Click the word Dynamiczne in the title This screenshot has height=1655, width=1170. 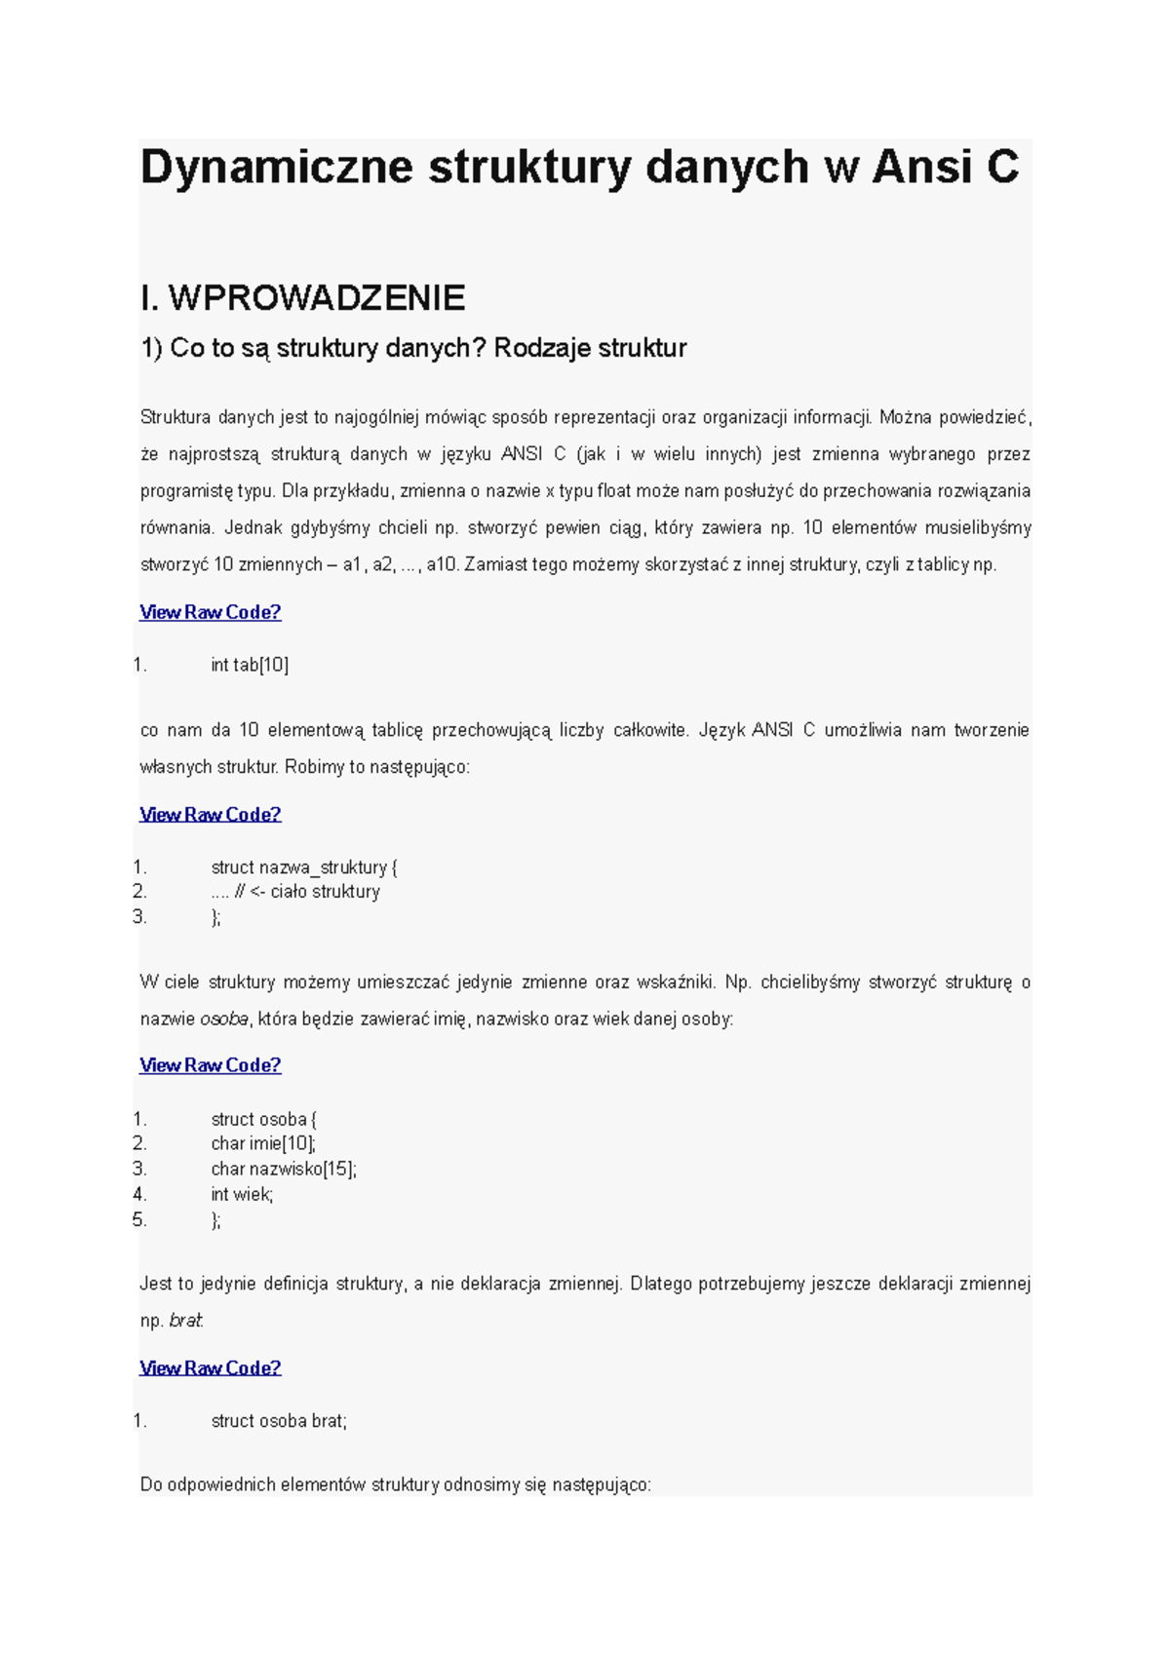(x=276, y=167)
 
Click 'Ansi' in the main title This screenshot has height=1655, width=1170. (x=921, y=167)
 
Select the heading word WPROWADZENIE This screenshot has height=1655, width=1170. (x=317, y=298)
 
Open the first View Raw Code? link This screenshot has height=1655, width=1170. (x=211, y=612)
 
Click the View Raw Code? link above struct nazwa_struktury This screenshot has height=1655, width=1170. (x=211, y=814)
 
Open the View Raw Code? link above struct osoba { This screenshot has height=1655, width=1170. (x=211, y=1065)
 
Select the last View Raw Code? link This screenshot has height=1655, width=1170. (x=211, y=1367)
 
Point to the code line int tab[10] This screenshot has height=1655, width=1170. (x=250, y=665)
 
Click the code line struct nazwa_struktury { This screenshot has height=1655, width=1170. (x=304, y=867)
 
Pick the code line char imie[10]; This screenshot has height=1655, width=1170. (x=263, y=1143)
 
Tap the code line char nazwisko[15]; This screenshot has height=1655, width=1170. (x=284, y=1169)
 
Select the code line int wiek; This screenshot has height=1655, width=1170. (x=242, y=1194)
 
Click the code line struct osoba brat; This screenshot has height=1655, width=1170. (x=279, y=1421)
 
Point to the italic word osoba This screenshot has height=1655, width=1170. (x=224, y=1020)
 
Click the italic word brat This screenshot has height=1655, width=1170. (x=185, y=1321)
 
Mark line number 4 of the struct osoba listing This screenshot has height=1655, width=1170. (x=139, y=1194)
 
